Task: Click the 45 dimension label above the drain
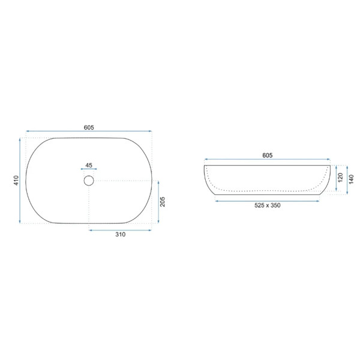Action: (x=89, y=165)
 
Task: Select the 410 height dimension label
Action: (x=16, y=181)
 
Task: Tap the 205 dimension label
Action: (x=163, y=202)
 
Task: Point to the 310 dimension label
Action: (x=121, y=235)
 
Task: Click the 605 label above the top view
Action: (x=89, y=127)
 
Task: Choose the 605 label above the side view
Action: (x=267, y=155)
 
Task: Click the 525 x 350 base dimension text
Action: (x=267, y=205)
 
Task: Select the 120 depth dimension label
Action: (x=340, y=178)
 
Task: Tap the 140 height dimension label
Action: (x=351, y=179)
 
